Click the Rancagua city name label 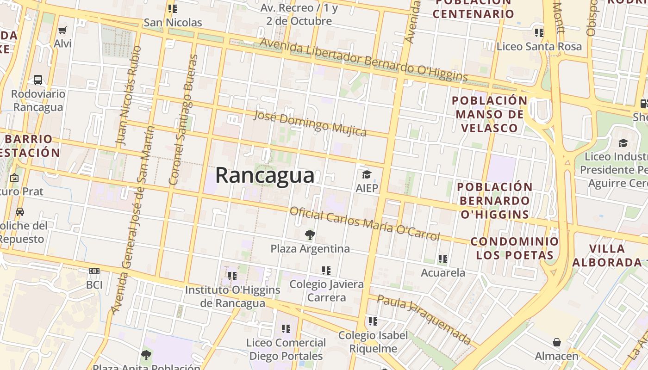pyautogui.click(x=265, y=176)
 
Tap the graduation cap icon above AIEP pyautogui.click(x=367, y=174)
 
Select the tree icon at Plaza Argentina pyautogui.click(x=310, y=235)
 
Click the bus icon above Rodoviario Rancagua pyautogui.click(x=38, y=80)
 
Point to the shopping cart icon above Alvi pyautogui.click(x=62, y=30)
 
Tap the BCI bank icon pyautogui.click(x=94, y=271)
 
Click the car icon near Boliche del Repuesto pyautogui.click(x=20, y=212)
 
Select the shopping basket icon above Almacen pyautogui.click(x=556, y=342)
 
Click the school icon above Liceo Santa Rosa pyautogui.click(x=539, y=32)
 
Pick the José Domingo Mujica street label pyautogui.click(x=310, y=123)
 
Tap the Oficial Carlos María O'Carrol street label pyautogui.click(x=364, y=224)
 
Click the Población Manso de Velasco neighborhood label pyautogui.click(x=489, y=114)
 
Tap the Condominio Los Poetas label pyautogui.click(x=515, y=248)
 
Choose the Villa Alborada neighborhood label pyautogui.click(x=607, y=255)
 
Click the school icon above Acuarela pyautogui.click(x=443, y=259)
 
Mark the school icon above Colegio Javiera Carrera pyautogui.click(x=326, y=271)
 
